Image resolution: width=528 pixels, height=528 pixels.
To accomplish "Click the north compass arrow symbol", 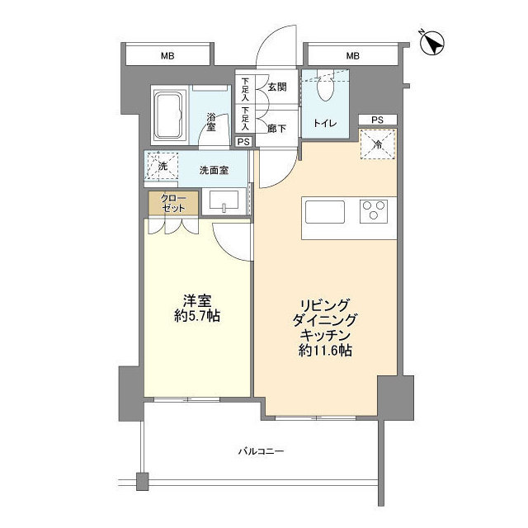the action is tap(432, 43).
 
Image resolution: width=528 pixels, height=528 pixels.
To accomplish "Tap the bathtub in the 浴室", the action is tap(170, 115).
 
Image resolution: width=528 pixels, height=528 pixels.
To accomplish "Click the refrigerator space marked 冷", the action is tap(378, 144).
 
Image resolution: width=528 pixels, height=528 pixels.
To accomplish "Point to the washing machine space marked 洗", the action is tap(163, 166).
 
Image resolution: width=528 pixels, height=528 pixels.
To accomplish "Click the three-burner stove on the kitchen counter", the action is tap(374, 211).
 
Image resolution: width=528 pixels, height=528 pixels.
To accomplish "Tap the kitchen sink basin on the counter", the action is tap(324, 212).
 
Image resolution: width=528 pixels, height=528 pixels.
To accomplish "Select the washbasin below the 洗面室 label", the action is tap(224, 200).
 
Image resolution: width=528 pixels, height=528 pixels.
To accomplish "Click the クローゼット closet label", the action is tap(173, 203).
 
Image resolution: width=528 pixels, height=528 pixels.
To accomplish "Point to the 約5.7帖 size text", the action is tap(197, 316).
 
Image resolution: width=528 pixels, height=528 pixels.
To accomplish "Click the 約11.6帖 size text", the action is tap(325, 351).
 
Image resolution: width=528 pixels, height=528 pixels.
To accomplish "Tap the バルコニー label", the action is tap(262, 451).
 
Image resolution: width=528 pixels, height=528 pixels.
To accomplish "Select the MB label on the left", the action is tap(167, 56).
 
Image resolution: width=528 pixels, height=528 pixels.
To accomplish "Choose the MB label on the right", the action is tap(352, 56).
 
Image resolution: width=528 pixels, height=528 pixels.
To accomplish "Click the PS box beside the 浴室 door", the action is tap(243, 142).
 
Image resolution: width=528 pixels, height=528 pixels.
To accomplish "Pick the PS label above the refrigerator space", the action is tap(378, 120).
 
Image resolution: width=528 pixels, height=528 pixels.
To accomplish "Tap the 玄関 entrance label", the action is tap(277, 87).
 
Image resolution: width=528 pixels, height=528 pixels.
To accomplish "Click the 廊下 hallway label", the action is tap(277, 129).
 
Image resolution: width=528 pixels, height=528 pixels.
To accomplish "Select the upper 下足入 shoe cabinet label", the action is tap(245, 90).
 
